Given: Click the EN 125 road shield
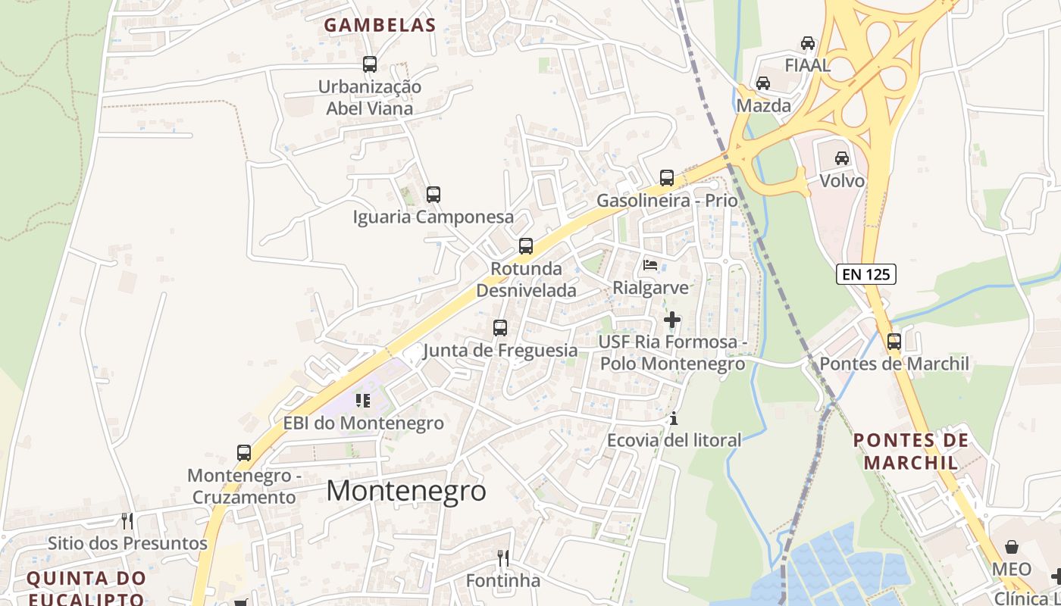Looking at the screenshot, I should click(866, 274).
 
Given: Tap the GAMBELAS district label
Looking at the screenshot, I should click(380, 25).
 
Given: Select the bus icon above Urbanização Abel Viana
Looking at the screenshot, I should click(370, 64).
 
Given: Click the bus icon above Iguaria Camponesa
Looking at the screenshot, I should click(433, 195).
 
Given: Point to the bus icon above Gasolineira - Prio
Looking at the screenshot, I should click(667, 178).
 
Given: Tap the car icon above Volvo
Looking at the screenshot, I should click(841, 158).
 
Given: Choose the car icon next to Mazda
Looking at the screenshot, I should click(763, 83).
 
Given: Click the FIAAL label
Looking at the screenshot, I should click(808, 65).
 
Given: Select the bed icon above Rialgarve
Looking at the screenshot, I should click(650, 265).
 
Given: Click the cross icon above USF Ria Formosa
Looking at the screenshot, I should click(672, 320).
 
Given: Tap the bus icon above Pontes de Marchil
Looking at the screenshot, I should click(894, 342).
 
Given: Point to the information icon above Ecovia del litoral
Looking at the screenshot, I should click(673, 418).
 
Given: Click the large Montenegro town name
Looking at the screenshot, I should click(406, 491).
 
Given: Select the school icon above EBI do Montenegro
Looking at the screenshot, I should click(363, 400).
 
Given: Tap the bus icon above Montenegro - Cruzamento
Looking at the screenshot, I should click(244, 453).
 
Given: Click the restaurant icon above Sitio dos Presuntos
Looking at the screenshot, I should click(127, 521).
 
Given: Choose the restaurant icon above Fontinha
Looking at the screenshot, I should click(503, 558).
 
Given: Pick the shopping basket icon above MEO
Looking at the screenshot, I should click(1012, 547).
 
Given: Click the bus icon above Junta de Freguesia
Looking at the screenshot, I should click(500, 328).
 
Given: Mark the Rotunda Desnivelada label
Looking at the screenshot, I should click(526, 280).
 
